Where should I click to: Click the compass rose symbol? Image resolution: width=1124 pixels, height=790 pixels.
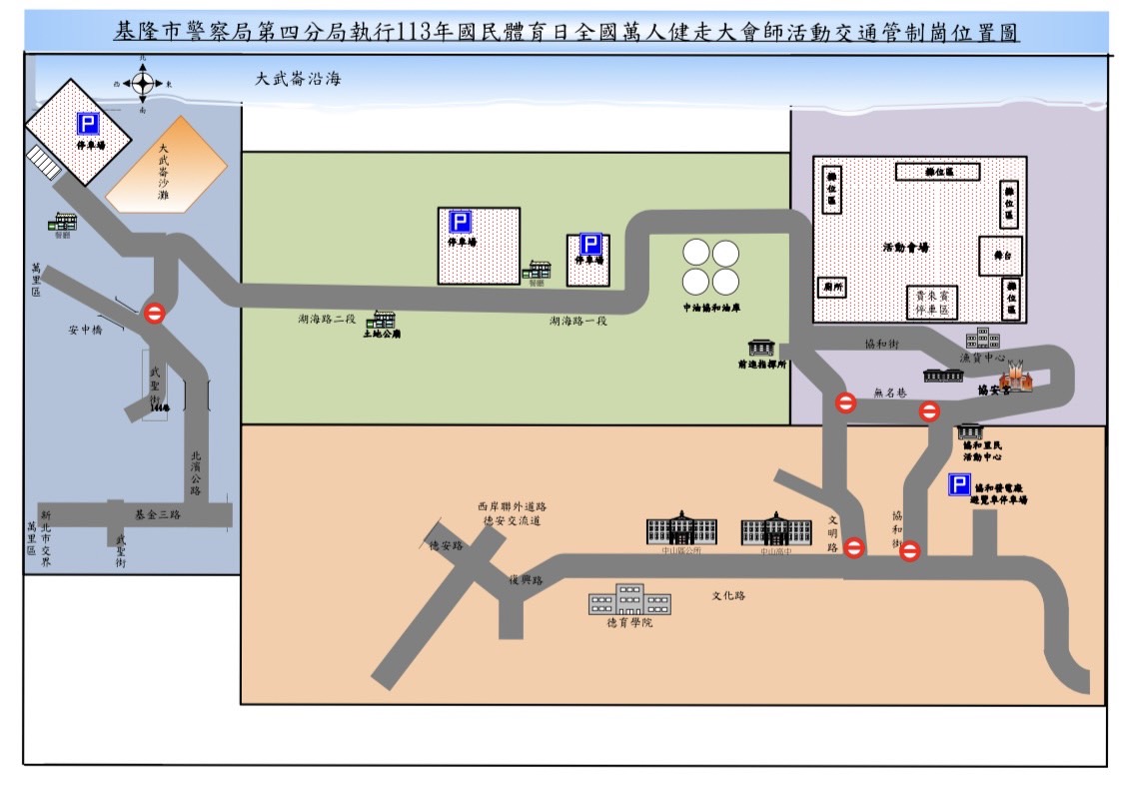coord(142,84)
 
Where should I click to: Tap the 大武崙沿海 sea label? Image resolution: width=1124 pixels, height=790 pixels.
coord(298,78)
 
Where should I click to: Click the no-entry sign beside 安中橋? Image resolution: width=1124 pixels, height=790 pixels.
coord(155,314)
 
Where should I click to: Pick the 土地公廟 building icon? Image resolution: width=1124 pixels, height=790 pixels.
coord(383,321)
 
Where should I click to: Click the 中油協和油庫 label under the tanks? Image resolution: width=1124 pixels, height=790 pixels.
coord(710,309)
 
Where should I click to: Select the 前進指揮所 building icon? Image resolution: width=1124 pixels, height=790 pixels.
coord(761,347)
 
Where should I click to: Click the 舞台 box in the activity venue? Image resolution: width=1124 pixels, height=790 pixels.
coord(999,256)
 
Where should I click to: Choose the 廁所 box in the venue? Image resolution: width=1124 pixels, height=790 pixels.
coord(830,287)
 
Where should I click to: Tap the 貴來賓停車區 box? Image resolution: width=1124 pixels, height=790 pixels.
coord(937,301)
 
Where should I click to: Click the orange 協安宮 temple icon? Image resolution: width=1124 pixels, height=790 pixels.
coord(1016,377)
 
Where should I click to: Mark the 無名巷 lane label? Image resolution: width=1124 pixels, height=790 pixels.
coord(887,394)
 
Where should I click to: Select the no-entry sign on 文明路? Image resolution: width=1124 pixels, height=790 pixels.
coord(854,547)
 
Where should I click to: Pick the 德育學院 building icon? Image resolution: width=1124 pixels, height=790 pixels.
coord(628,599)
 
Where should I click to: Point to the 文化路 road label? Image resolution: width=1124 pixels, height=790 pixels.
coord(728,596)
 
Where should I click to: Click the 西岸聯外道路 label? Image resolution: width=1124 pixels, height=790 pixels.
coord(512,506)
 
